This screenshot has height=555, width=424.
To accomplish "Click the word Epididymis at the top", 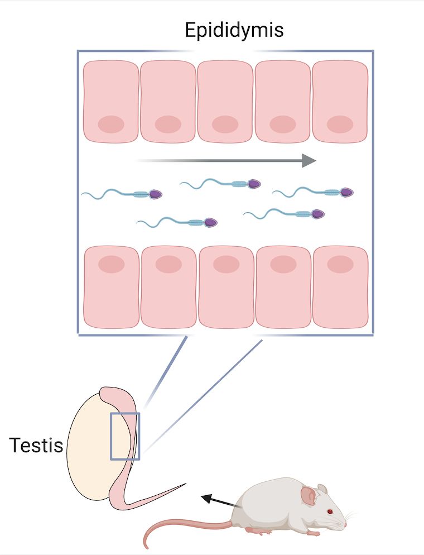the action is tap(234, 31).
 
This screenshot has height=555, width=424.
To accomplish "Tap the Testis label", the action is tap(36, 445).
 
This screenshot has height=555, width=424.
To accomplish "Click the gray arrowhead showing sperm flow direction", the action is tap(309, 160).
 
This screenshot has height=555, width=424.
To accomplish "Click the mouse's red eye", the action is tap(330, 511).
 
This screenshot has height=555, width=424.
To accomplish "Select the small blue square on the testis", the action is tap(125, 436).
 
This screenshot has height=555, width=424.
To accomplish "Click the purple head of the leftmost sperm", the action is tap(156, 194).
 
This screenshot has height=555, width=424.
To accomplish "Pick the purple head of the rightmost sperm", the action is tap(347, 192).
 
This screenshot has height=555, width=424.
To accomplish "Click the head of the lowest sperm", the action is tap(211, 222).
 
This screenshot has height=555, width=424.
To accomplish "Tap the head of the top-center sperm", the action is tap(254, 184).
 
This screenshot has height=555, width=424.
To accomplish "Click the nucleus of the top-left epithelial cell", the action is tap(111, 125).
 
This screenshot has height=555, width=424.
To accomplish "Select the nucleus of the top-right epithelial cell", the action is tap(340, 125).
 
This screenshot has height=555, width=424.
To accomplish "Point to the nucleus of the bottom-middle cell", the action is tap(227, 264).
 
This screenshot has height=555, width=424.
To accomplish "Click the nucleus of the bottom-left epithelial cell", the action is tap(112, 264).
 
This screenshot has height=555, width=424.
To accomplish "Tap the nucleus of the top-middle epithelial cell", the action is tap(225, 125).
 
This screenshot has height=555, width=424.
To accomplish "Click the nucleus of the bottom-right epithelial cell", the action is tap(340, 264).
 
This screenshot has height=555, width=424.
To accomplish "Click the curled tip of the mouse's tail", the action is tap(146, 545).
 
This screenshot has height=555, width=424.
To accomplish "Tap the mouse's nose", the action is tap(346, 525).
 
